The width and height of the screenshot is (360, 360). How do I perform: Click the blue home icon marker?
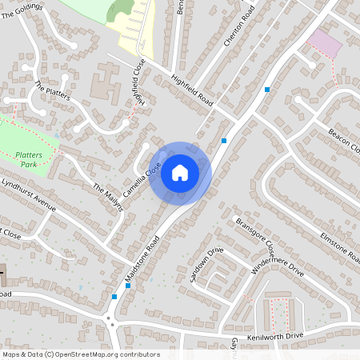(x=180, y=171)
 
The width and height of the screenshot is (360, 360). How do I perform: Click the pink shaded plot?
(x=324, y=42)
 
